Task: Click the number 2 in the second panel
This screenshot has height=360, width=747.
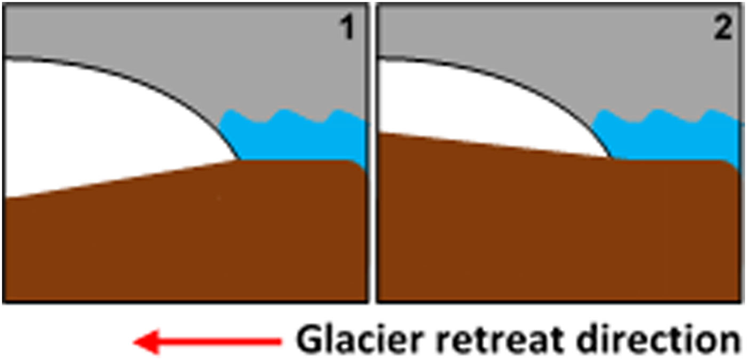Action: coord(723,30)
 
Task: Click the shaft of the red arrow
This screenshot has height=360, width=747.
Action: coord(224,341)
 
